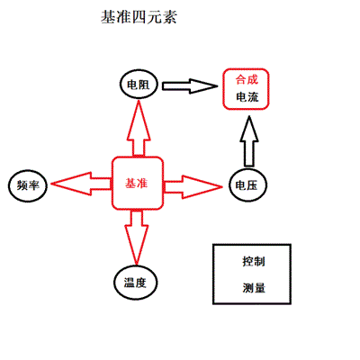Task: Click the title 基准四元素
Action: [x=139, y=17]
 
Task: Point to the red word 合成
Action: [x=247, y=80]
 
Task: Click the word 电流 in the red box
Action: [x=247, y=97]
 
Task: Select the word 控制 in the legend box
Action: [x=254, y=262]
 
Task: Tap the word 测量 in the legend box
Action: [x=254, y=288]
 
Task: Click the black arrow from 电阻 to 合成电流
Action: [x=190, y=86]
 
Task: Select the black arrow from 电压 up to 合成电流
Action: [x=249, y=141]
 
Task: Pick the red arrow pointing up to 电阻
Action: [x=139, y=128]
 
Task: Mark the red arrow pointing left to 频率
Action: [x=81, y=184]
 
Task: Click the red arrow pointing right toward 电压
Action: [x=193, y=187]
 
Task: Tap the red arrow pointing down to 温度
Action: [x=136, y=237]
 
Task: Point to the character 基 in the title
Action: [x=108, y=17]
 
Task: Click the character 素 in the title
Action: [x=169, y=17]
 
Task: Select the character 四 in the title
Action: [x=139, y=17]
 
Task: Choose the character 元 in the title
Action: [x=154, y=17]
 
